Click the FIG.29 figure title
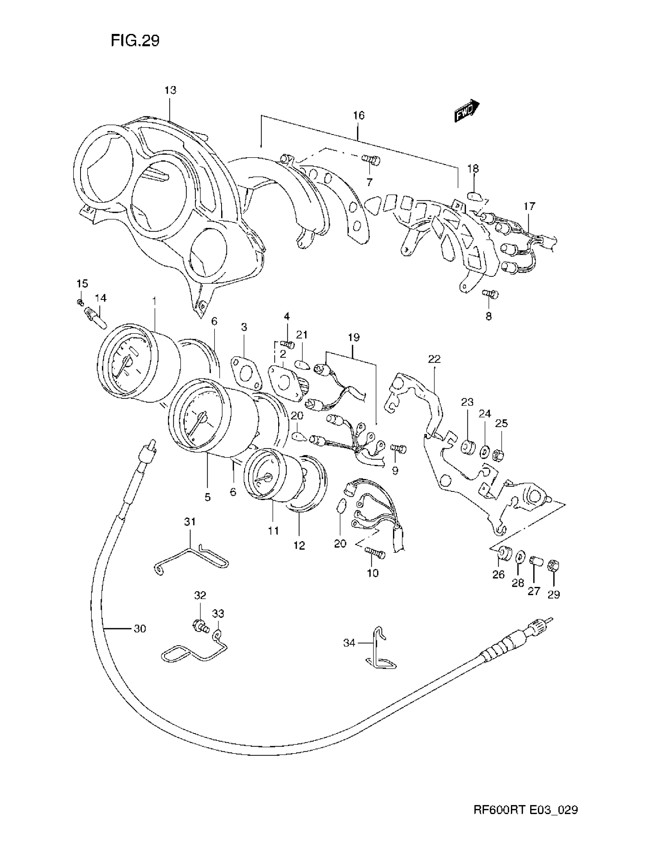[134, 40]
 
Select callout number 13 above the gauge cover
[170, 90]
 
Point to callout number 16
[359, 115]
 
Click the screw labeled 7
[371, 160]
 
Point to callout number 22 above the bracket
[434, 359]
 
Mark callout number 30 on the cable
[140, 629]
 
